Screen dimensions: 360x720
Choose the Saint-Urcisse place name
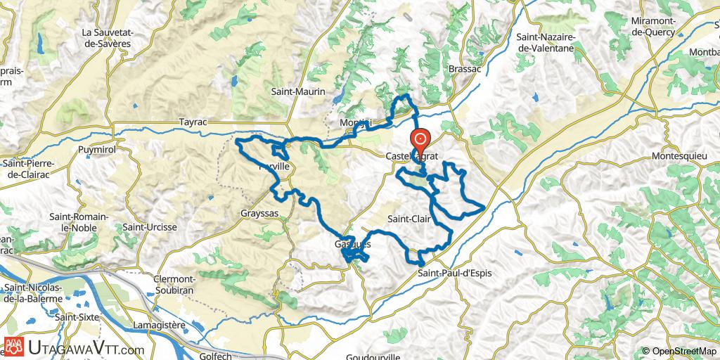[150, 227]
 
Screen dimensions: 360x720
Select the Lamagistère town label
[172, 324]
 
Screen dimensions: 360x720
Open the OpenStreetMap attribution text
[679, 351]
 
